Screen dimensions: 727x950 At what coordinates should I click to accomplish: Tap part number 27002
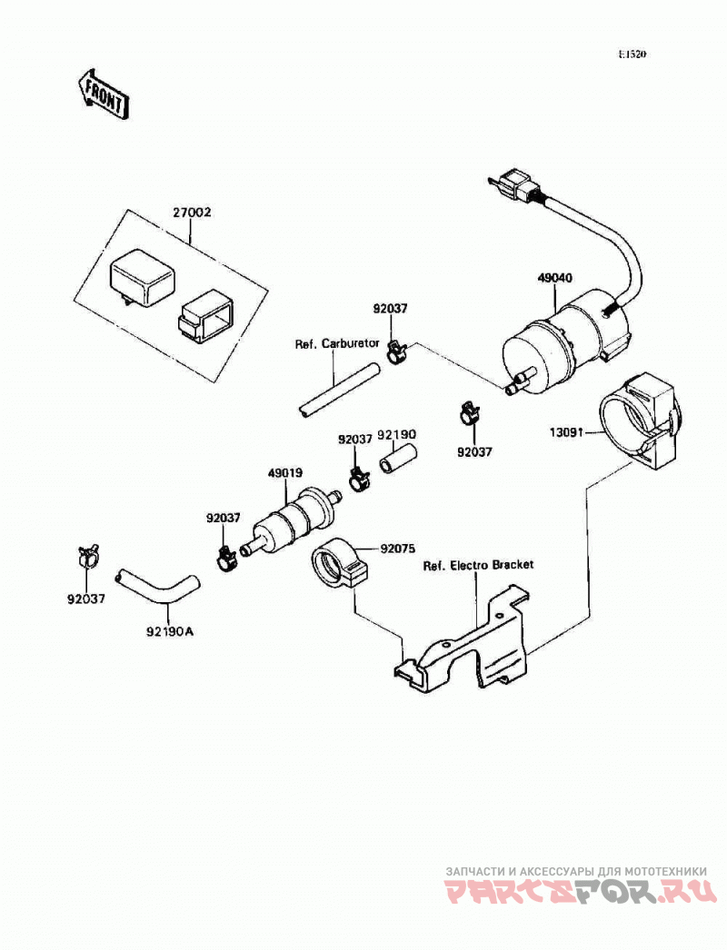coord(192,213)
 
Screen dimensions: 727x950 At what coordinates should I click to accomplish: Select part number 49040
coord(555,278)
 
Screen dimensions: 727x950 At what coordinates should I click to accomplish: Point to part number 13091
coord(565,432)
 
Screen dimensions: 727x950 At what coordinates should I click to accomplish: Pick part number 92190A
coord(169,631)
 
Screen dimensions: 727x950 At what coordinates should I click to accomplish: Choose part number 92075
coord(397,549)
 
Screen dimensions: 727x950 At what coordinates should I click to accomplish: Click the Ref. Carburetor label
coord(337,344)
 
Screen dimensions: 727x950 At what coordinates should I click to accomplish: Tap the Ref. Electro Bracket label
coord(478,565)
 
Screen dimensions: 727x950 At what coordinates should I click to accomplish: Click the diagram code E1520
coord(632,54)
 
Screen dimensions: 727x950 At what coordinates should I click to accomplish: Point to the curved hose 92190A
coord(157,587)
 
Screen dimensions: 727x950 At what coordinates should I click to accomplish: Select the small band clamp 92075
coord(340,563)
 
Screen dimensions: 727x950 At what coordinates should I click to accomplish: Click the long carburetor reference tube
coord(338,389)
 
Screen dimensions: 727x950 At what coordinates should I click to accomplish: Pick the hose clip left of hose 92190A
coord(87,556)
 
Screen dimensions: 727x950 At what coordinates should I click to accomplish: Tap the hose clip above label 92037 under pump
coord(469,414)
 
